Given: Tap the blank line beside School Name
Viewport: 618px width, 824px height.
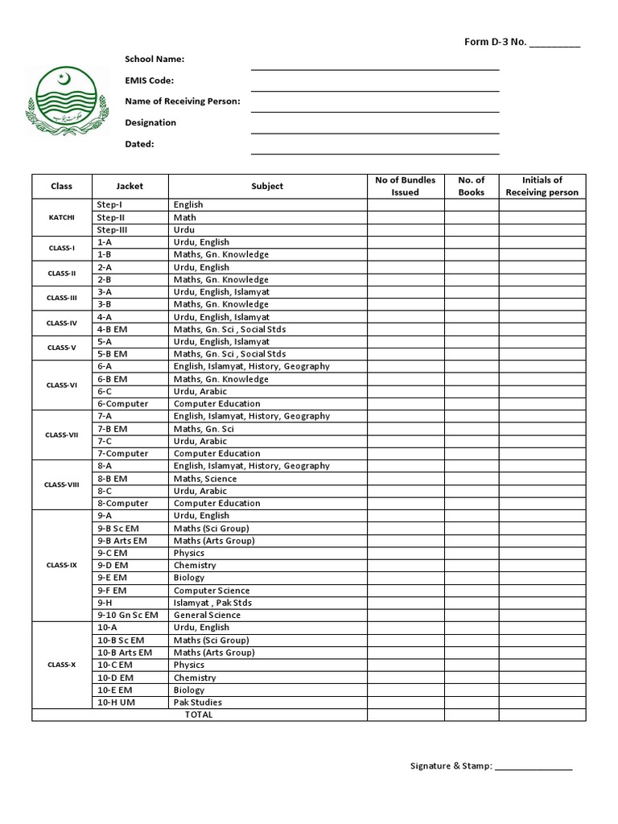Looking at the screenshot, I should (x=374, y=68).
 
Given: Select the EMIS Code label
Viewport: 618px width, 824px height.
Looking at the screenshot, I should (x=149, y=80).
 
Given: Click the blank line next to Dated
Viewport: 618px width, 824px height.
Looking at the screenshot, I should (x=374, y=152).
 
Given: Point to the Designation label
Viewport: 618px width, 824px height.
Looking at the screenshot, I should (x=150, y=123).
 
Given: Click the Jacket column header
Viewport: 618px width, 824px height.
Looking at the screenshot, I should (x=130, y=186).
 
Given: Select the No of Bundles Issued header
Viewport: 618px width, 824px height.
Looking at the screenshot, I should (x=406, y=186).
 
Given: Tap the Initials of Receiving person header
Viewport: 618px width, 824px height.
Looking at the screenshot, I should (x=542, y=186).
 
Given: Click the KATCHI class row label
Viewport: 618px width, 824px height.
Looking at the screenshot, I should (x=61, y=217).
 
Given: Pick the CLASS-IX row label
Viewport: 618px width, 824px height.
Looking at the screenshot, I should (x=61, y=565).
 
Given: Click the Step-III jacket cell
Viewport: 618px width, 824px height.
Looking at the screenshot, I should (x=113, y=229).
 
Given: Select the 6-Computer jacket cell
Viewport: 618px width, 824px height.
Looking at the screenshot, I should (x=122, y=404).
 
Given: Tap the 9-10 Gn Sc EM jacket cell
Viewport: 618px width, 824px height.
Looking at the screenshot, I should (x=127, y=615).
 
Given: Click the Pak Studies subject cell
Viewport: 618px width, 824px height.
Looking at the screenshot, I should (x=198, y=702).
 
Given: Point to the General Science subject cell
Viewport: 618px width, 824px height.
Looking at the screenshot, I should (x=207, y=615).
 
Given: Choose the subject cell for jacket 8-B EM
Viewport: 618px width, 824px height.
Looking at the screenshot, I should (x=205, y=479).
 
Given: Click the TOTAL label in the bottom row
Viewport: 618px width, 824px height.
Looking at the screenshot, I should (x=199, y=715).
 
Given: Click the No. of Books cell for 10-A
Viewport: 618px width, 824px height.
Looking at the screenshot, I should (x=471, y=628).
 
